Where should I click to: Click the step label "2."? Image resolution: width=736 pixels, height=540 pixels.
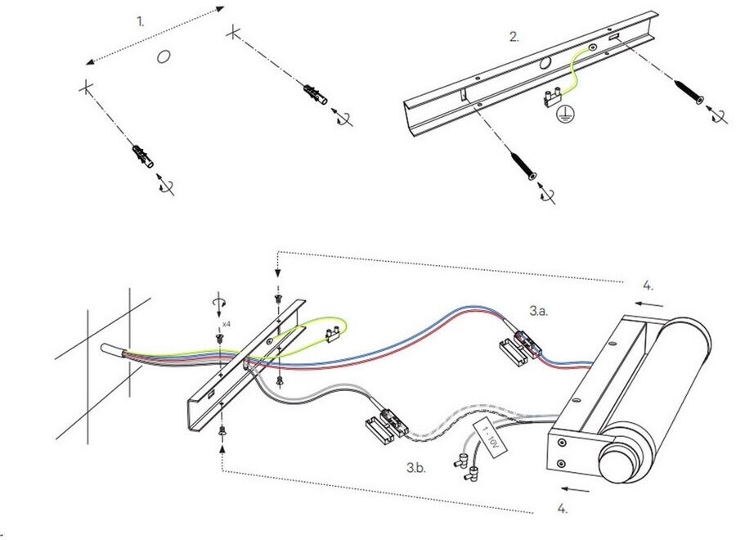[x=514, y=36]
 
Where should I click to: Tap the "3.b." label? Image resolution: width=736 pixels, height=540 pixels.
[x=415, y=468]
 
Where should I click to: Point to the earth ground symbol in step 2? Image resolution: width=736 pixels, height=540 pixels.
[x=563, y=115]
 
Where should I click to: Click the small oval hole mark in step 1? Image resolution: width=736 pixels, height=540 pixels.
[x=164, y=56]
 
